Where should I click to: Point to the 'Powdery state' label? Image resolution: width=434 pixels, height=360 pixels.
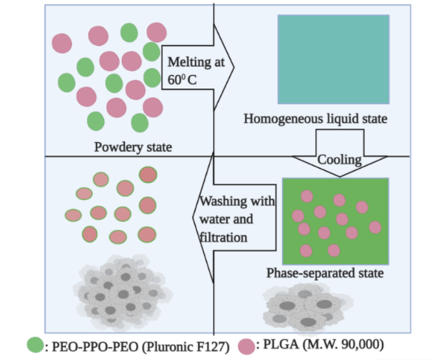(133, 148)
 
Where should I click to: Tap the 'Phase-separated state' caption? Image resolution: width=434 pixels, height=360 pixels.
(325, 274)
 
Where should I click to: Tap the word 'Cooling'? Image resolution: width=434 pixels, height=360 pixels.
(339, 160)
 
